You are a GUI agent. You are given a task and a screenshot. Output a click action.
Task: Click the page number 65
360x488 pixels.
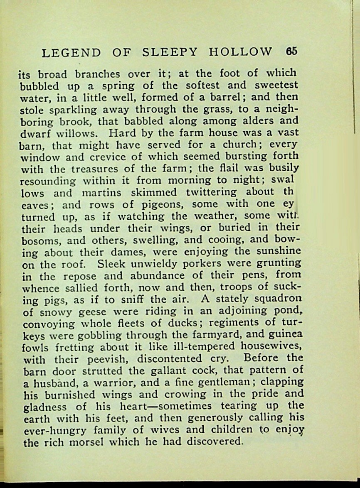pyautogui.click(x=292, y=51)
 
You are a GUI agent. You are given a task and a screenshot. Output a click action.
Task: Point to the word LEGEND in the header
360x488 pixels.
pyautogui.click(x=72, y=53)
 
